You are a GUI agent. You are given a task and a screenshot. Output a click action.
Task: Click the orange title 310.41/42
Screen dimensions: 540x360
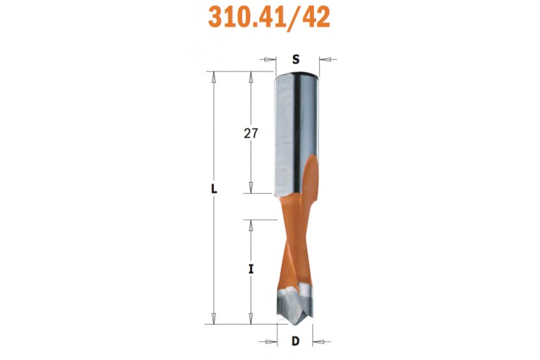tap(269, 17)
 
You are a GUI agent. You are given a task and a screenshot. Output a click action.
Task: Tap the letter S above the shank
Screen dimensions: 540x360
tap(296, 60)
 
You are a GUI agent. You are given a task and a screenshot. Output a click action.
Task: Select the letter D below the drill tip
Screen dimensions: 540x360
tap(295, 341)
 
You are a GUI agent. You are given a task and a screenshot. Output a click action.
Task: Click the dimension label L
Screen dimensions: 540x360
tap(215, 189)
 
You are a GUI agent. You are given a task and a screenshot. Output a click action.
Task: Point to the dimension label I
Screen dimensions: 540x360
tap(251, 269)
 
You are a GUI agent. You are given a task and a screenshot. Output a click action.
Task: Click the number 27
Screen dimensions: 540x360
tap(251, 133)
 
